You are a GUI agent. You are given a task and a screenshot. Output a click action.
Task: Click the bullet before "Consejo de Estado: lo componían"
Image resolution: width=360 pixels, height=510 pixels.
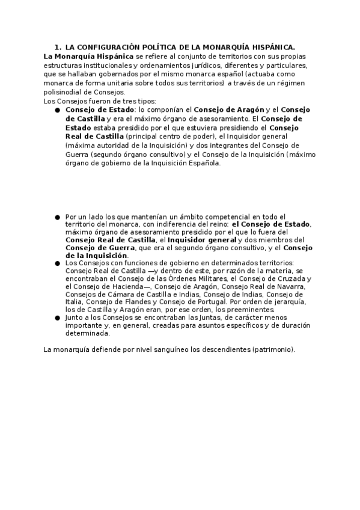pyautogui.click(x=57, y=111)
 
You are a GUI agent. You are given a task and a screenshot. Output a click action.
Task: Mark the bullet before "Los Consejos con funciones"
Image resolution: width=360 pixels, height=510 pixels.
pyautogui.click(x=57, y=263)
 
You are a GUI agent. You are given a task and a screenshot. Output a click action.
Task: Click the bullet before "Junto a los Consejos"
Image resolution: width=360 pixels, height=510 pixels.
pyautogui.click(x=57, y=317)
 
